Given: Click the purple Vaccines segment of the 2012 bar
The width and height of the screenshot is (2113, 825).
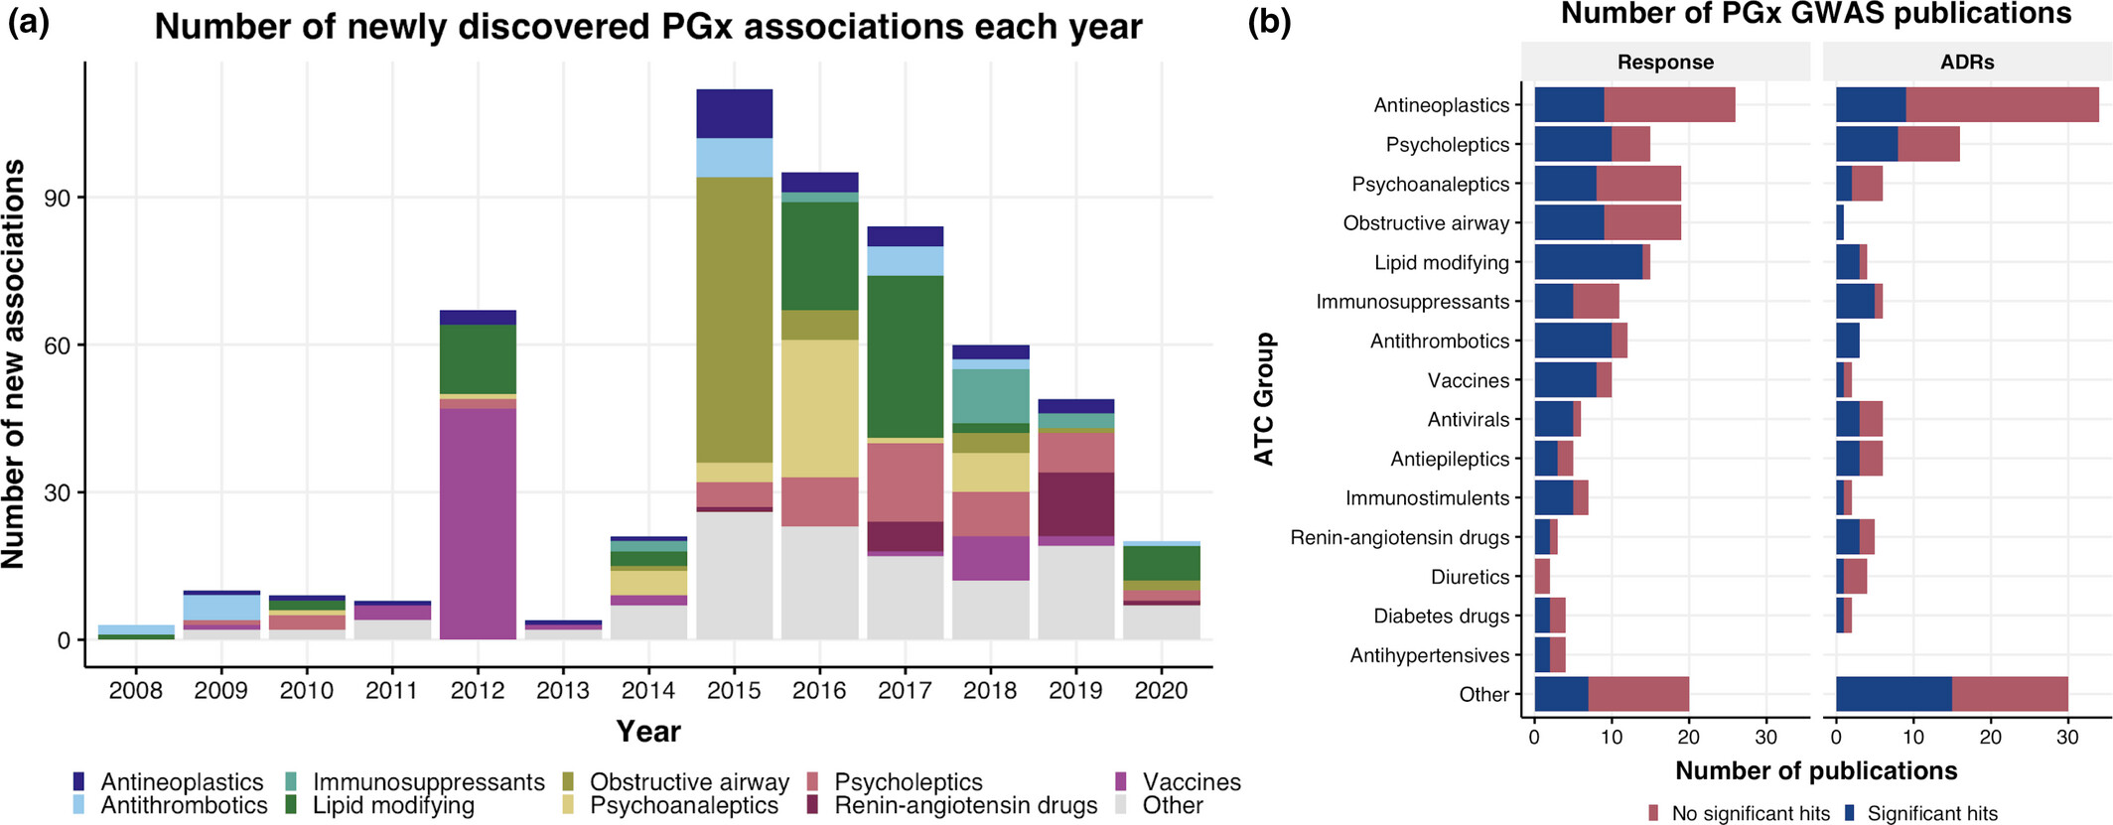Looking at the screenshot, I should coord(478,524).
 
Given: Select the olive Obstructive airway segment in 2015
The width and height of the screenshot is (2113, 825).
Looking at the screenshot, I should coord(734,320).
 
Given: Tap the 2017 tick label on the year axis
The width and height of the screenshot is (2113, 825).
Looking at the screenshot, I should coord(905,690).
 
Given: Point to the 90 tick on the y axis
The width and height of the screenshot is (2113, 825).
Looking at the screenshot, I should coord(57,199).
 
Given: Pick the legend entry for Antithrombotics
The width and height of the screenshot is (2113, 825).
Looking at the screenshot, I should coord(184,805).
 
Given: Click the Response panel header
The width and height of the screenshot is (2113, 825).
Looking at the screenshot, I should coord(1665,63).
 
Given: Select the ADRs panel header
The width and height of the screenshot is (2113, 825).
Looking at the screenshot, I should coord(1967,63).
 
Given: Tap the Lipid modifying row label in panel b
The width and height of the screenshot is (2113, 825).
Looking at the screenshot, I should coord(1441,263).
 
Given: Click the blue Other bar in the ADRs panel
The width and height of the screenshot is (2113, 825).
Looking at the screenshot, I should coord(1893,694).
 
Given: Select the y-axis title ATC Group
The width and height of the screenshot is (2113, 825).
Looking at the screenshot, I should coord(1264,399).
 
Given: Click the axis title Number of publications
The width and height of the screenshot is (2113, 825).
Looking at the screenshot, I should coord(1816,771).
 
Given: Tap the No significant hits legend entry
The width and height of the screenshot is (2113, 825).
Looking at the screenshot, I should coord(1750,814).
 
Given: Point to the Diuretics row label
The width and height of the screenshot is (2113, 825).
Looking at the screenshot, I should coord(1470,577).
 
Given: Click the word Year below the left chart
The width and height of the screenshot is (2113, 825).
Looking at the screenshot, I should coord(648,732).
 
